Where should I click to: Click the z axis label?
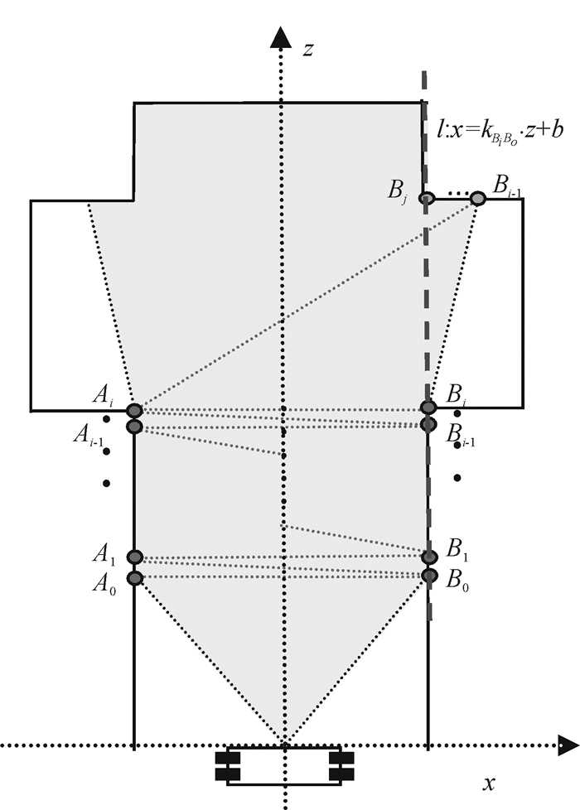tap(307, 49)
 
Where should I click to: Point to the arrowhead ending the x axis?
tap(568, 745)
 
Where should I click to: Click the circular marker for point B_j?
tap(426, 198)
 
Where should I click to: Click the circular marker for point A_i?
tap(135, 410)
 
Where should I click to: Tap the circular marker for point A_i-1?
tap(135, 426)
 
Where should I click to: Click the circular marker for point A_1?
tap(135, 557)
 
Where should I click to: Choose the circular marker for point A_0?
tap(135, 577)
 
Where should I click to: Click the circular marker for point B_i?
tap(428, 407)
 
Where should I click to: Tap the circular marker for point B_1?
tap(428, 557)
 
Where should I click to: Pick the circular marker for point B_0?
tap(428, 575)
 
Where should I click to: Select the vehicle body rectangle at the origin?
tap(284, 766)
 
